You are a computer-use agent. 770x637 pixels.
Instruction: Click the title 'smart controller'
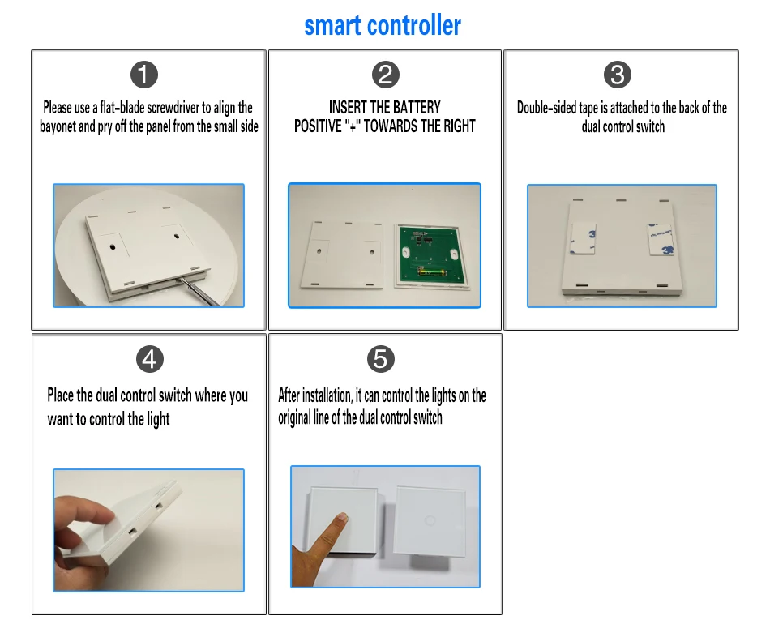tap(383, 26)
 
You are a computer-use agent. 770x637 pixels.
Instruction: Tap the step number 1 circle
tap(144, 75)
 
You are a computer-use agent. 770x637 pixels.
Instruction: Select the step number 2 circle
tap(386, 75)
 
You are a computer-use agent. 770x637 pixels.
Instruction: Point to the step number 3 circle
tap(618, 75)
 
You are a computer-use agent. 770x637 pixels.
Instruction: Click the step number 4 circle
tap(150, 359)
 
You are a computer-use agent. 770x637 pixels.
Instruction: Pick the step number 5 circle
tap(381, 359)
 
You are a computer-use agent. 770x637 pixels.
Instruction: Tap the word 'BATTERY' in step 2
tap(417, 107)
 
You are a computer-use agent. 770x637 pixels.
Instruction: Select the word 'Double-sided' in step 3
tap(546, 108)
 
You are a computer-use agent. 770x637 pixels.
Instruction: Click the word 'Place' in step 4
tap(61, 395)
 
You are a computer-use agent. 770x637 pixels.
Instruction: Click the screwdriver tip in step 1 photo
tap(179, 280)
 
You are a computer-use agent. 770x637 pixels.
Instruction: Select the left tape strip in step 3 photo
tap(584, 239)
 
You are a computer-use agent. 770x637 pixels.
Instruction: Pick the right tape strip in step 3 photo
tap(661, 240)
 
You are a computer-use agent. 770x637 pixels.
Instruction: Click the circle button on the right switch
tap(430, 520)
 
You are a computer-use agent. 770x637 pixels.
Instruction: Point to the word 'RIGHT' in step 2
tap(459, 126)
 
